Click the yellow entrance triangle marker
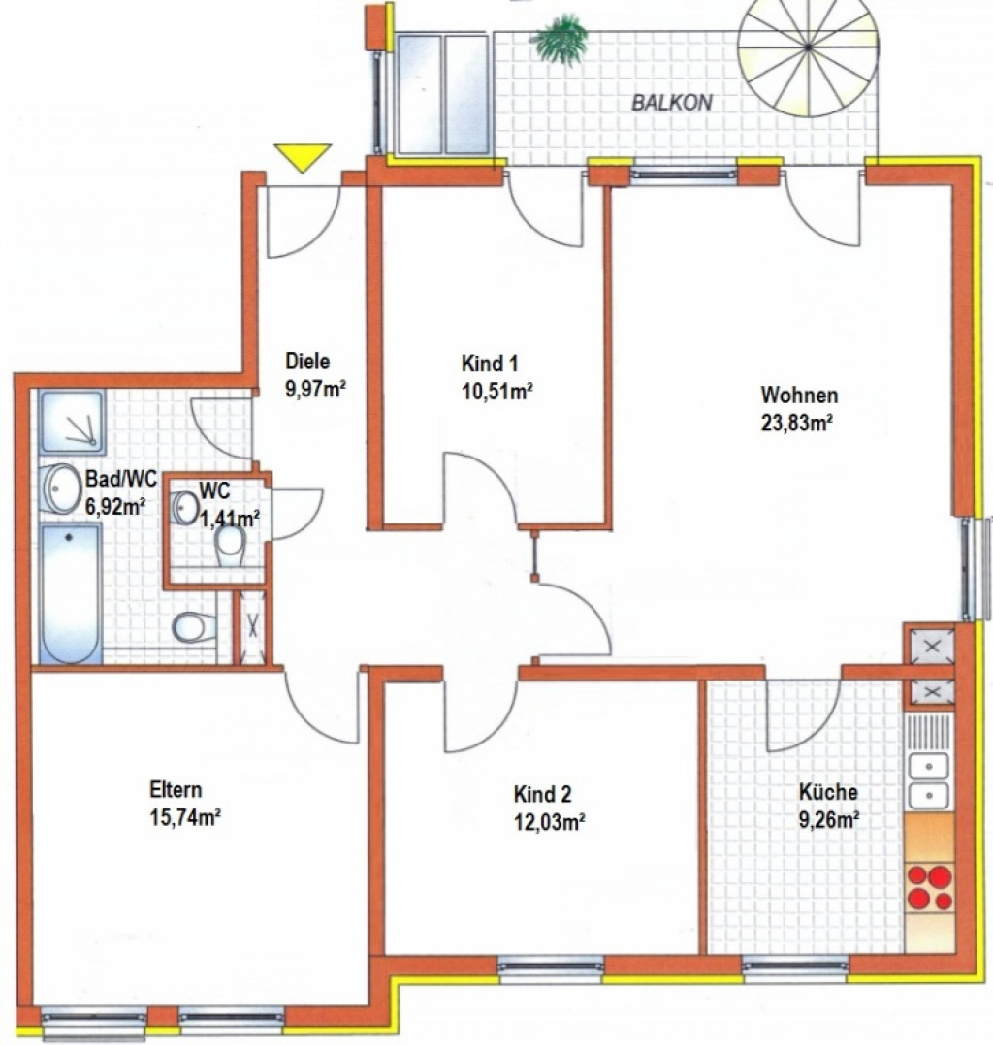click(304, 157)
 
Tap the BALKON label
click(672, 103)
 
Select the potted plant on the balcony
click(561, 39)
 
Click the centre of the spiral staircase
click(808, 47)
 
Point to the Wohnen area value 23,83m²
click(797, 423)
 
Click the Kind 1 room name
click(490, 364)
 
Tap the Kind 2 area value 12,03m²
click(549, 822)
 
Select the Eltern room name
click(176, 790)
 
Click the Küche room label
click(828, 792)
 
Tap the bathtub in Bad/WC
click(70, 593)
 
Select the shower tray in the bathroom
click(72, 422)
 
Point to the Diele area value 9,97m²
click(315, 390)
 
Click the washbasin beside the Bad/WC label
click(60, 489)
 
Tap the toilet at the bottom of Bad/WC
click(195, 627)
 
